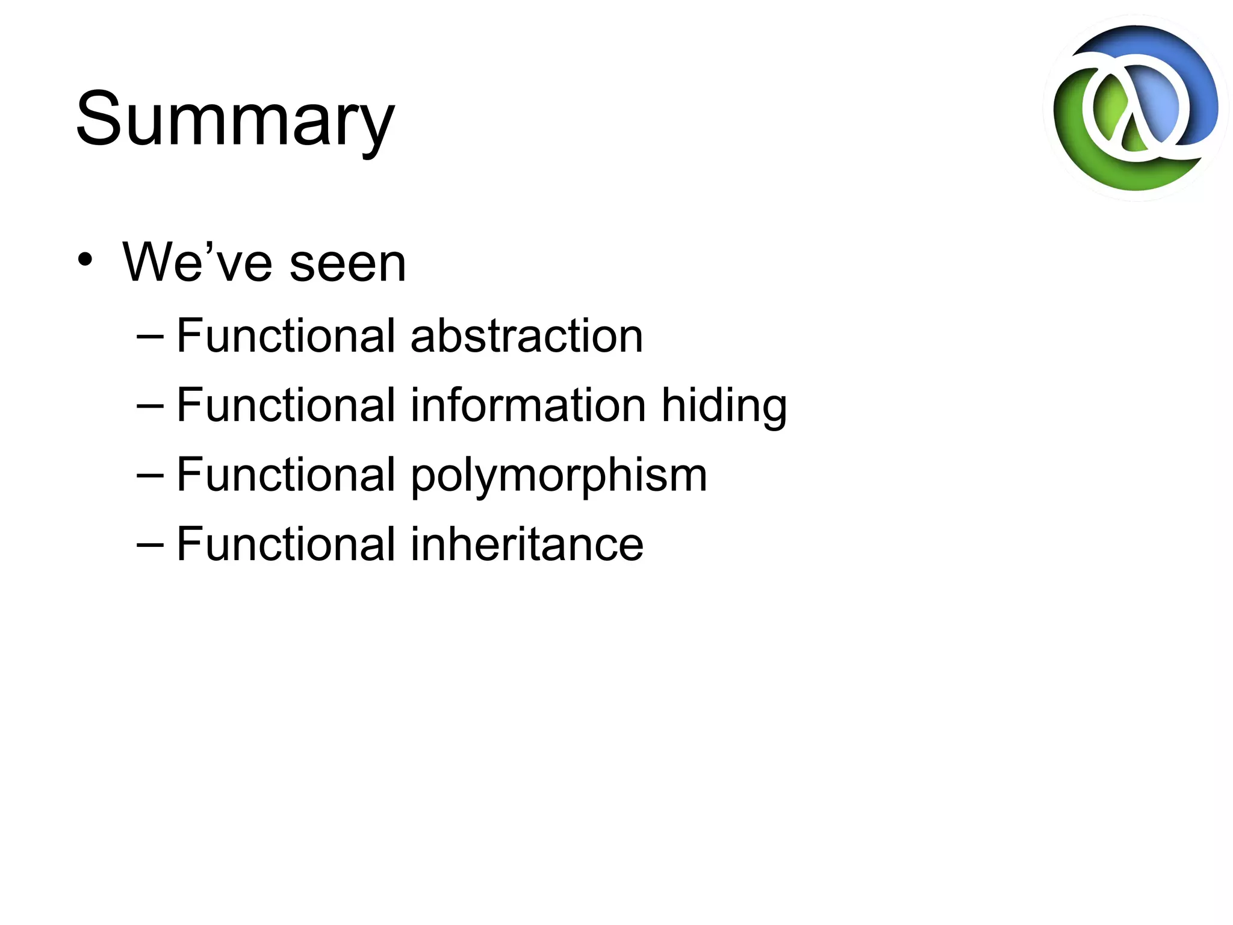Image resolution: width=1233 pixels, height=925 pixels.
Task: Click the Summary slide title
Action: tap(235, 119)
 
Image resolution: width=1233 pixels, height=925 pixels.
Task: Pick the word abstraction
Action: tap(526, 336)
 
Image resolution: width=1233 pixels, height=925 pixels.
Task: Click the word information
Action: tap(529, 405)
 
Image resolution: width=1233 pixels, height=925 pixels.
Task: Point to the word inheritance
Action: tap(527, 544)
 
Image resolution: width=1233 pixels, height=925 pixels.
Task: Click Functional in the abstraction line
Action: tap(285, 336)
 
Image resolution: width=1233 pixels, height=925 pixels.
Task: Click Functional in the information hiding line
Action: tap(285, 405)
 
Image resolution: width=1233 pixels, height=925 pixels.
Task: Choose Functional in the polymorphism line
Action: tap(285, 475)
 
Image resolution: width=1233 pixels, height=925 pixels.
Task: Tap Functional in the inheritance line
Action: tap(285, 544)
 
